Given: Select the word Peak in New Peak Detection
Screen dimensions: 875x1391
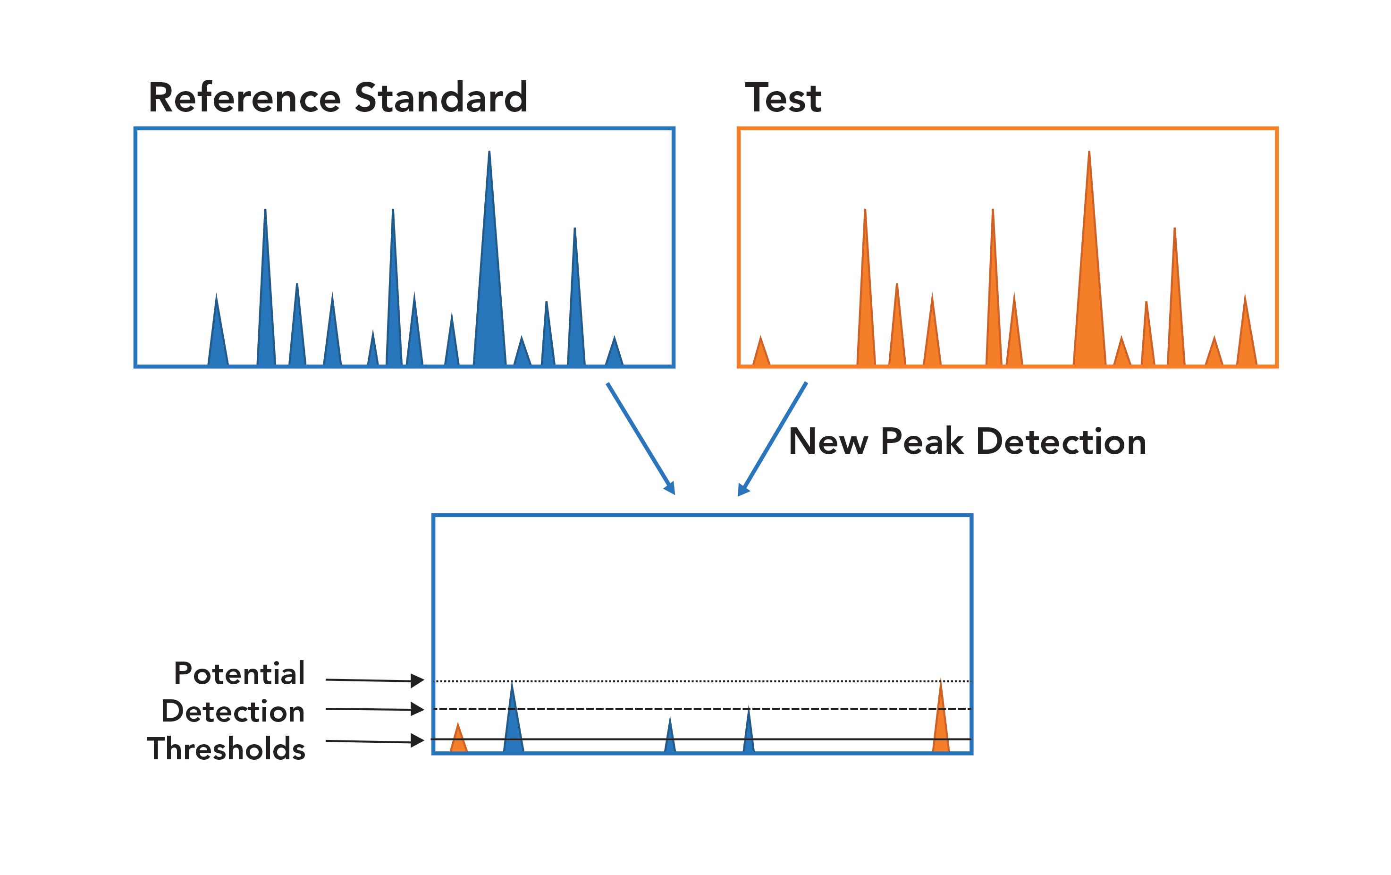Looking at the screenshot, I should tap(921, 442).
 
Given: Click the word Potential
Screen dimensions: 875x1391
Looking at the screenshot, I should tap(239, 673).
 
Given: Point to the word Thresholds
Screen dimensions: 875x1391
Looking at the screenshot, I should tap(226, 749).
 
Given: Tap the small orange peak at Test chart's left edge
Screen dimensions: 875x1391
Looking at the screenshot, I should tap(761, 354).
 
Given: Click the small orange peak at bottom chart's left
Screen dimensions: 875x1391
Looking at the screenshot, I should tap(458, 740).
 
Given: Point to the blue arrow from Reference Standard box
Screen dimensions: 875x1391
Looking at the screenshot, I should tap(640, 437).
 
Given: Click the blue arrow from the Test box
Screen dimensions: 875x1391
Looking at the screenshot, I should tap(773, 437).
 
